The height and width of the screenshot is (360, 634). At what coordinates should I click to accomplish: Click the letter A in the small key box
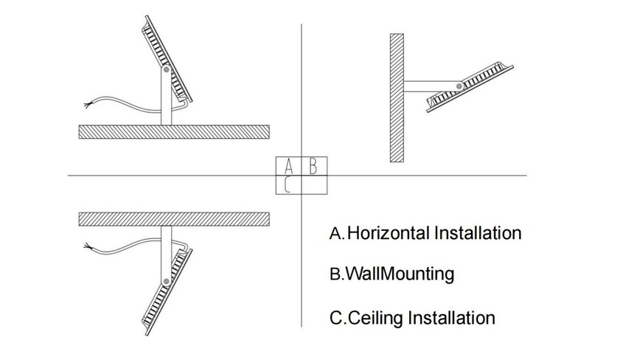point(288,165)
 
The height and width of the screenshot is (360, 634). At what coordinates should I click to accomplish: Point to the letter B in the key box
point(313,165)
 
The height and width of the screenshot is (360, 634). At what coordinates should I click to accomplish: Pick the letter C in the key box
point(288,184)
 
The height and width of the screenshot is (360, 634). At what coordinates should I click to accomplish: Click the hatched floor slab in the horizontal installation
point(175,131)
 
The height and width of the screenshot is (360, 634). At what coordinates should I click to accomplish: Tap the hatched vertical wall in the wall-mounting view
point(397,97)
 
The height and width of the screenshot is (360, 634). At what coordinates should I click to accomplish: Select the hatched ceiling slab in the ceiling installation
point(175,219)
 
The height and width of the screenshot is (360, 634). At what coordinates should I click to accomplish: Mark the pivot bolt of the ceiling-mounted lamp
point(167,281)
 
